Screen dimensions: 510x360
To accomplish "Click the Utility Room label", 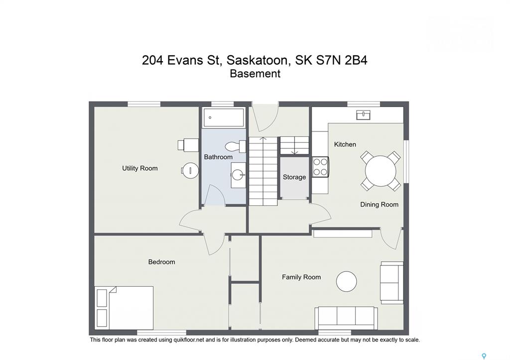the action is (x=140, y=168).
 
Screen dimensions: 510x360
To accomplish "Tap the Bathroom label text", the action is (x=218, y=157).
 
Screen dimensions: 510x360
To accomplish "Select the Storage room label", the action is (x=294, y=177).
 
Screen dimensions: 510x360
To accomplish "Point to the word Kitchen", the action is (x=345, y=144).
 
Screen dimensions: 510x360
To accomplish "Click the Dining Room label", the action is (x=379, y=204).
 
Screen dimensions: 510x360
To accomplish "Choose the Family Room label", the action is (x=301, y=277).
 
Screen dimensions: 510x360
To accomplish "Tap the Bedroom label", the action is (x=162, y=262).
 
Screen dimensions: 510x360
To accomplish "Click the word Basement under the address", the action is (x=255, y=74).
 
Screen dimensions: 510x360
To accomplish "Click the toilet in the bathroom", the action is (x=235, y=146).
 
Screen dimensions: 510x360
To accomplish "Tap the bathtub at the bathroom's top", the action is (x=224, y=118).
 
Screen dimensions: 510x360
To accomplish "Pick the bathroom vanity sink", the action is (x=239, y=175).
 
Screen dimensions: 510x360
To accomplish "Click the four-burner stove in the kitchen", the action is (x=320, y=167).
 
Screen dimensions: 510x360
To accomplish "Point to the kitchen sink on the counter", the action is (x=363, y=115).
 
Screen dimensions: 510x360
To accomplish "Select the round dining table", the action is (x=381, y=171).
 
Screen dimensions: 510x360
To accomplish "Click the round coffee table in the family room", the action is (x=347, y=282).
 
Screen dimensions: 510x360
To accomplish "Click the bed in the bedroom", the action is (x=124, y=308).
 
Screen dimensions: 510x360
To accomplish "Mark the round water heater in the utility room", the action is (x=190, y=170).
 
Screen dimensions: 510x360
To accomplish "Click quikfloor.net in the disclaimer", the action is (x=189, y=340).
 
